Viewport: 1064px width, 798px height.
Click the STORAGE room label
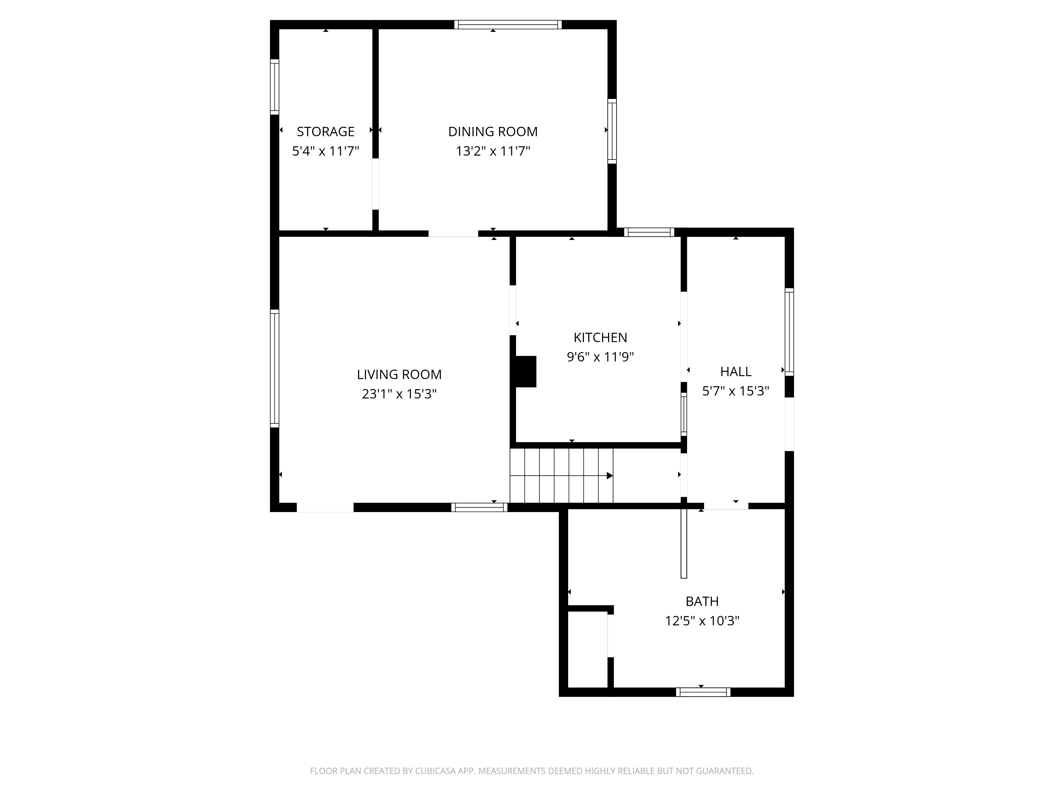click(326, 131)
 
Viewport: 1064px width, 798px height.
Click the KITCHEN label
click(600, 337)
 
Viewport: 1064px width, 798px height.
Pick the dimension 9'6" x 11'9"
click(600, 357)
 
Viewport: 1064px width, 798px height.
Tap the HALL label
click(735, 371)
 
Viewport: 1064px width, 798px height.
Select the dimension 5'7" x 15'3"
click(735, 391)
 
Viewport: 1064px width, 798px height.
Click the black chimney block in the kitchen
click(525, 371)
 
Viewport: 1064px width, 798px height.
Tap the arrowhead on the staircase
click(609, 476)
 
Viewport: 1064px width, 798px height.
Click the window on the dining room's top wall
click(508, 24)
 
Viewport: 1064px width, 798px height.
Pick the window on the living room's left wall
click(274, 368)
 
